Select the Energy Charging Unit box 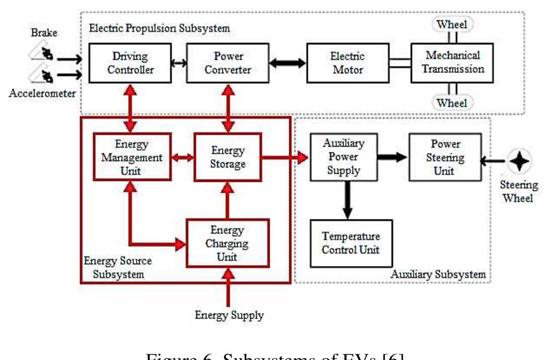click(227, 243)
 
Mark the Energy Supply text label click(230, 315)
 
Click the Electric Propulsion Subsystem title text click(160, 28)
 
